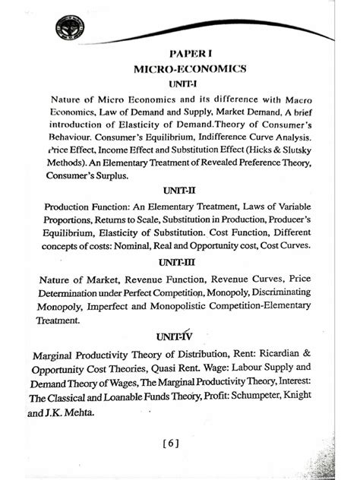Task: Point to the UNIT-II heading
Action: (180, 192)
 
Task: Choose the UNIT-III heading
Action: (180, 264)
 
